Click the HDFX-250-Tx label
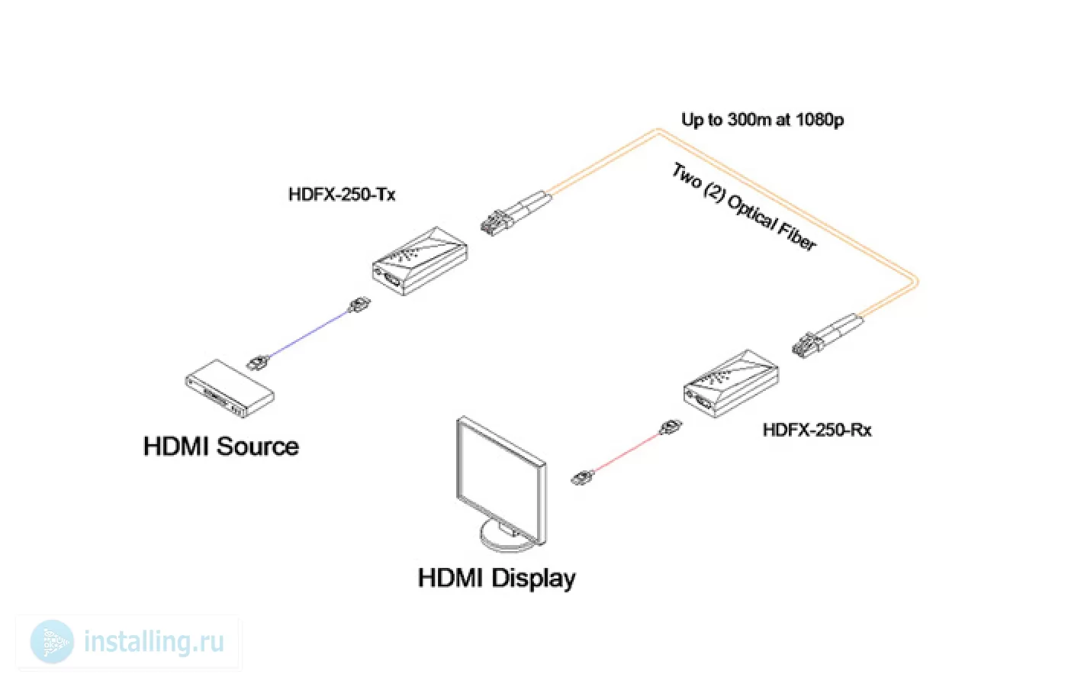tap(342, 195)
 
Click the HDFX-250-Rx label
tap(817, 431)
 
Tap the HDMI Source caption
tap(221, 447)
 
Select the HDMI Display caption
tap(497, 579)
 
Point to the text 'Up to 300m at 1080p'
tap(762, 120)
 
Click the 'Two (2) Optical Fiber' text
tap(745, 207)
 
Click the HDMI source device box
tap(230, 389)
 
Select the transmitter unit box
tap(420, 261)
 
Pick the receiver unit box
tap(731, 383)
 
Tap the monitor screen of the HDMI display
tap(500, 477)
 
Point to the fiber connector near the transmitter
tap(516, 213)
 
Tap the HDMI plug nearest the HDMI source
tap(258, 363)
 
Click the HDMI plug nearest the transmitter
tap(359, 305)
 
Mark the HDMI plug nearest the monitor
tap(583, 477)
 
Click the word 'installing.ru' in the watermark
tap(154, 642)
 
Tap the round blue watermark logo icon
tap(52, 642)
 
